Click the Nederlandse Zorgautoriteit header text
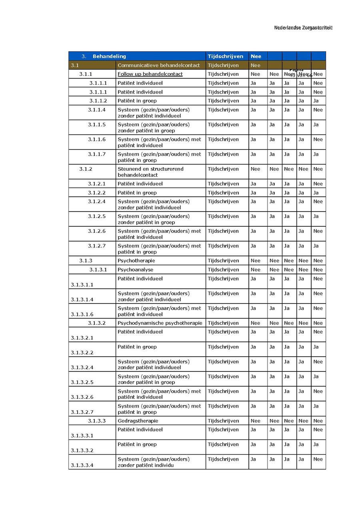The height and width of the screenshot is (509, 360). (303, 28)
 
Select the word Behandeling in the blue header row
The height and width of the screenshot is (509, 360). (109, 56)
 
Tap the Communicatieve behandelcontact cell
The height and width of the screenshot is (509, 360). (158, 65)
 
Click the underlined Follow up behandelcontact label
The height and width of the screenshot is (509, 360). (150, 74)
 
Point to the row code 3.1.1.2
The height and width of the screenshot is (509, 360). (98, 101)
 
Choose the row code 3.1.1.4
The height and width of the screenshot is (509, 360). (97, 110)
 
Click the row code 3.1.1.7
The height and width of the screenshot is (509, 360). (97, 154)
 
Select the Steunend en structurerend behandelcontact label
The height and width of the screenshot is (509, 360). (150, 172)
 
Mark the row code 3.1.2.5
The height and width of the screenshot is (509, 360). (97, 216)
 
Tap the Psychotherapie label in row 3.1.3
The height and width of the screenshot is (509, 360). (136, 261)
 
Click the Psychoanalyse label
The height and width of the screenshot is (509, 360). (135, 269)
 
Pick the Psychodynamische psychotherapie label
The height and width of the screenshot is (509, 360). (160, 323)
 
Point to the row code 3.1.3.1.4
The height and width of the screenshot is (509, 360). (82, 299)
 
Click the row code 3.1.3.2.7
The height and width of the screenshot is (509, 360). (82, 412)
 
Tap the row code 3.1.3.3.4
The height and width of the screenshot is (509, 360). (82, 465)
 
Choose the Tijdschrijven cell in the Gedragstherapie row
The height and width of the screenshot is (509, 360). (223, 421)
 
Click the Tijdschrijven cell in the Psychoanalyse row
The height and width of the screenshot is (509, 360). (223, 269)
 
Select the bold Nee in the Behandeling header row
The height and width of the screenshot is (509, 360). (256, 56)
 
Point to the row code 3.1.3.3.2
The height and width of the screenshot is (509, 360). (82, 450)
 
